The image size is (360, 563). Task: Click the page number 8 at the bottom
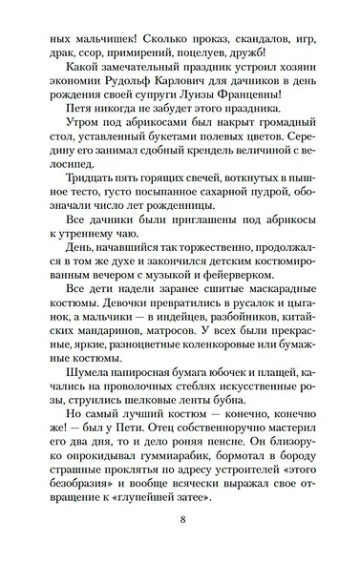point(180,521)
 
